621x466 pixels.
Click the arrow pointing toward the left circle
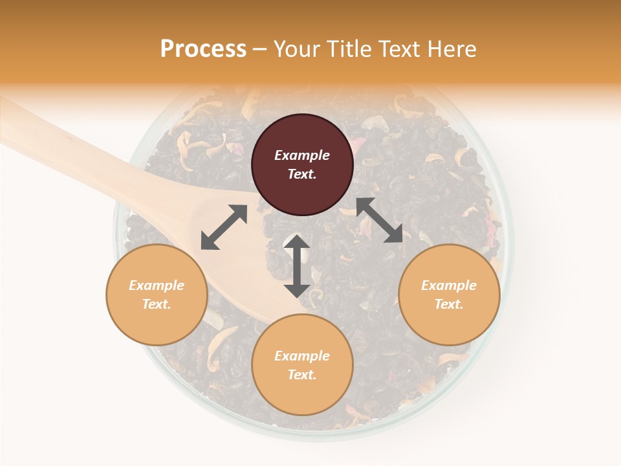[x=224, y=227]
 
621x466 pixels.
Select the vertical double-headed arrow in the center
[x=297, y=266]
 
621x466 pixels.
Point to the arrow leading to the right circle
[x=379, y=220]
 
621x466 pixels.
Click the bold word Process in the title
[x=203, y=49]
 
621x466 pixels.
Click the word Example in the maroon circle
[x=302, y=155]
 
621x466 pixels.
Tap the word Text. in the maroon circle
[x=302, y=174]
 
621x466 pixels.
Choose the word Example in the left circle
[x=157, y=285]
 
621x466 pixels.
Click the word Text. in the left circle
[x=157, y=304]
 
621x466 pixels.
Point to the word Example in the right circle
[x=449, y=285]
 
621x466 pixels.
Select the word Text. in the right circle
[x=449, y=304]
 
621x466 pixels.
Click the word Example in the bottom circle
[x=302, y=356]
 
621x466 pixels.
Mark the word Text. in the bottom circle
[x=302, y=375]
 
